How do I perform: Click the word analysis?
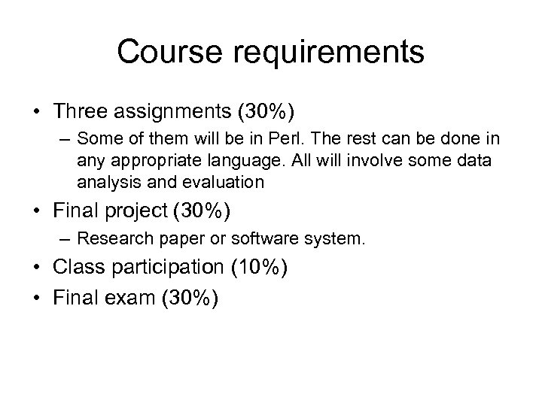[x=102, y=183]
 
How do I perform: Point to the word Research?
[x=108, y=240]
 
